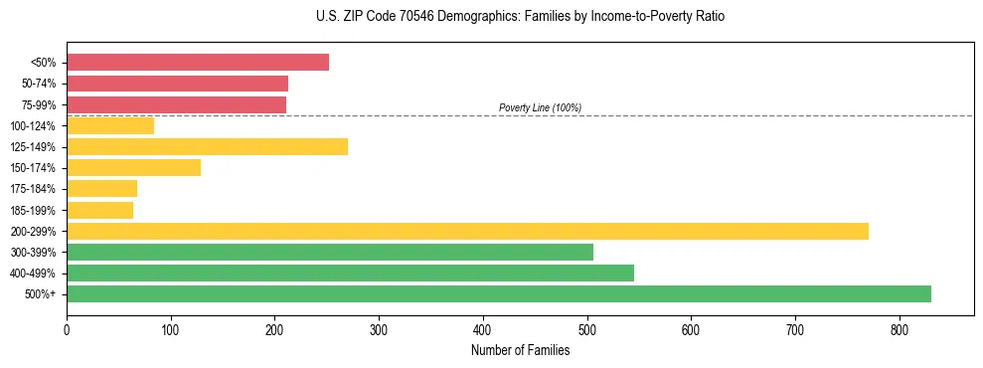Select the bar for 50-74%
(x=177, y=84)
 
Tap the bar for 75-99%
(x=176, y=104)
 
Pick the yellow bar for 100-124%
(x=110, y=125)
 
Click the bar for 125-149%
(x=207, y=147)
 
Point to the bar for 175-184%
(x=101, y=189)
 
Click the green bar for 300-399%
(x=330, y=253)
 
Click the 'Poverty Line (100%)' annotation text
(x=540, y=107)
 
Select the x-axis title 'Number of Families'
(x=520, y=350)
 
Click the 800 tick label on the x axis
(x=900, y=329)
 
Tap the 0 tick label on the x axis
(x=67, y=329)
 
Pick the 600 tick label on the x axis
(x=691, y=329)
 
